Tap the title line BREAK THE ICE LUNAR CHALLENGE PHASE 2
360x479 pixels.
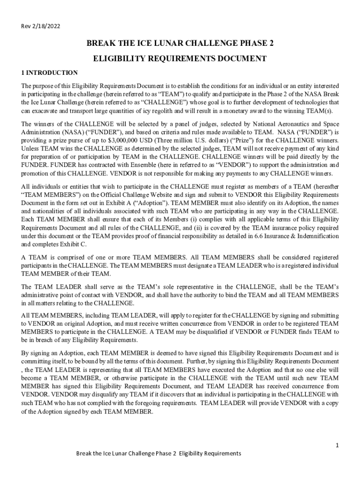click(x=180, y=44)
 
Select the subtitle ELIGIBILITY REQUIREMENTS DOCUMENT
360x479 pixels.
click(x=180, y=58)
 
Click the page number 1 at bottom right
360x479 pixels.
click(x=337, y=445)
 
